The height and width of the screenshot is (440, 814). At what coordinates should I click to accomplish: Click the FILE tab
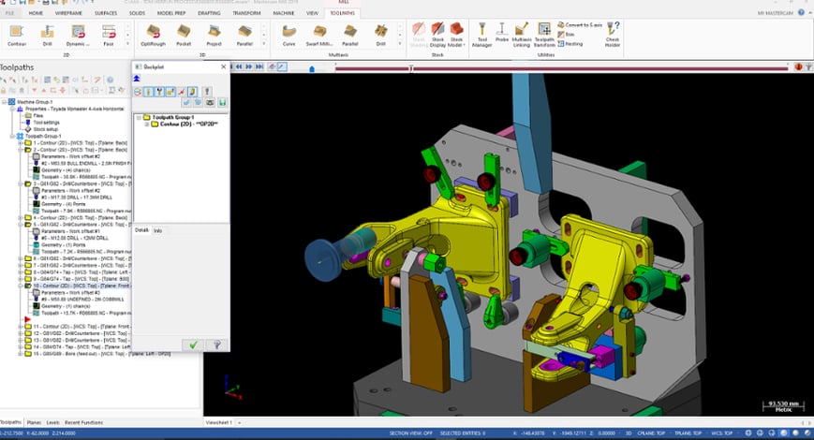9,15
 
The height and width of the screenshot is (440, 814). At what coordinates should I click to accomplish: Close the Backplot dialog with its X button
222,67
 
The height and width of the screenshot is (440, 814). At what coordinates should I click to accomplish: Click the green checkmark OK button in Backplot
192,345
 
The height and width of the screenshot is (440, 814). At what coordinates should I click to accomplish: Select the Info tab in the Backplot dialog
157,229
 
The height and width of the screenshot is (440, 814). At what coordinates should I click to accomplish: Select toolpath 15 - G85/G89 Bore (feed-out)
75,354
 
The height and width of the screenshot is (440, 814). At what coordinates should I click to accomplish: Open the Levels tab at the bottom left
52,422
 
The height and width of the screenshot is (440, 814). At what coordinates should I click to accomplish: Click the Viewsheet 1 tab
218,422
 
